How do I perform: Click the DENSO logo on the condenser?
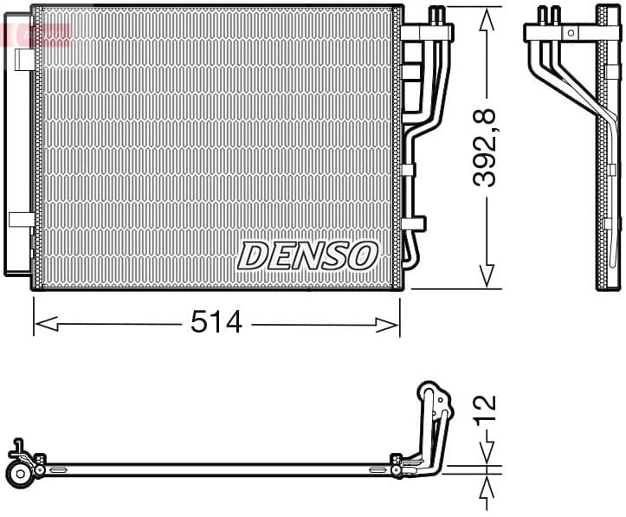click(308, 255)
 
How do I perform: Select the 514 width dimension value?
click(216, 324)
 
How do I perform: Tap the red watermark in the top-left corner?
click(35, 35)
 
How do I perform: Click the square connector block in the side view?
click(570, 32)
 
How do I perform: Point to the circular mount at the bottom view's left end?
click(19, 473)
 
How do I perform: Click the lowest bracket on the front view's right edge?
click(416, 223)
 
